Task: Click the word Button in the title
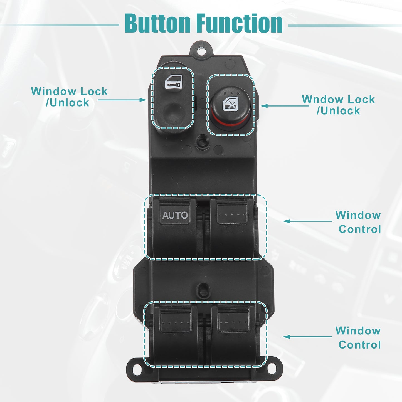(x=157, y=23)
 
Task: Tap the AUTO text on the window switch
(x=175, y=215)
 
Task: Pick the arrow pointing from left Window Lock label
(x=122, y=100)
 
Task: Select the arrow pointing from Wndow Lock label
(x=285, y=106)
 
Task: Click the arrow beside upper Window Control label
(x=307, y=221)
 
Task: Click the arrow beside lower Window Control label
(x=307, y=337)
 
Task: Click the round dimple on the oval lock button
(x=174, y=113)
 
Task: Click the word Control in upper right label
(x=360, y=229)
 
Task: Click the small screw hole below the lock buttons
(x=203, y=142)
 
